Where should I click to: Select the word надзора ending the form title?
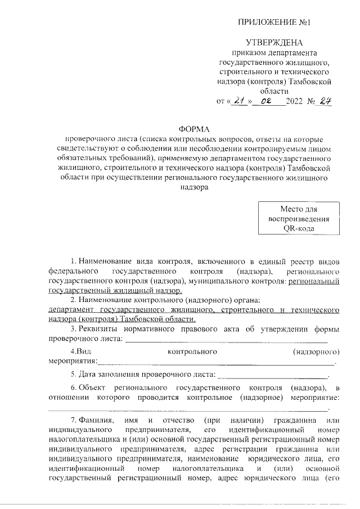(194, 188)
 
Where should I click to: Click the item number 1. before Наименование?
(74, 262)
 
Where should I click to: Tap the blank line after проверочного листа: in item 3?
(225, 339)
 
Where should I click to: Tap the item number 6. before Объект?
(74, 388)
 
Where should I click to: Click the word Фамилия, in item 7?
(97, 421)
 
